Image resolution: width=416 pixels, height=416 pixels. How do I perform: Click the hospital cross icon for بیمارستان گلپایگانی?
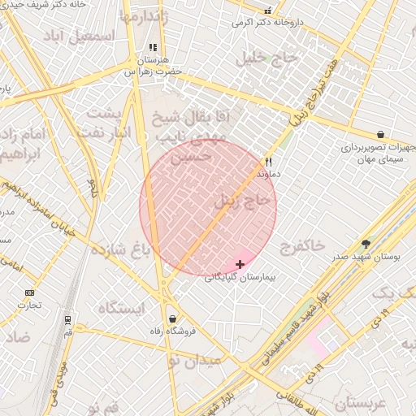tap(240, 264)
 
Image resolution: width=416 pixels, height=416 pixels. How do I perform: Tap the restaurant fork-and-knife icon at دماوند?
tap(268, 162)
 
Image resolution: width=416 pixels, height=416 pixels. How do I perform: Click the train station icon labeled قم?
tap(67, 320)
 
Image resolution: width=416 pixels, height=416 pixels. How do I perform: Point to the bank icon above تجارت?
tap(30, 292)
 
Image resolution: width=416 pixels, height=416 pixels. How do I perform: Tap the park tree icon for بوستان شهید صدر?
tap(366, 244)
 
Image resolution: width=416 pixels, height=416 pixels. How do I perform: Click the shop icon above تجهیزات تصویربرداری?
tap(380, 135)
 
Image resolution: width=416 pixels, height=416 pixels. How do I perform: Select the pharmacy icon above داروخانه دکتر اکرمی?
tap(268, 11)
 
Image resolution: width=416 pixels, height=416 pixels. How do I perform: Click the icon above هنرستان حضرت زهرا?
tap(153, 48)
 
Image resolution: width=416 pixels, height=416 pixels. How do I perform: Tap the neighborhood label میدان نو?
tap(195, 360)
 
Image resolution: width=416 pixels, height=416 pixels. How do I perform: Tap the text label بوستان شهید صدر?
tap(366, 257)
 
